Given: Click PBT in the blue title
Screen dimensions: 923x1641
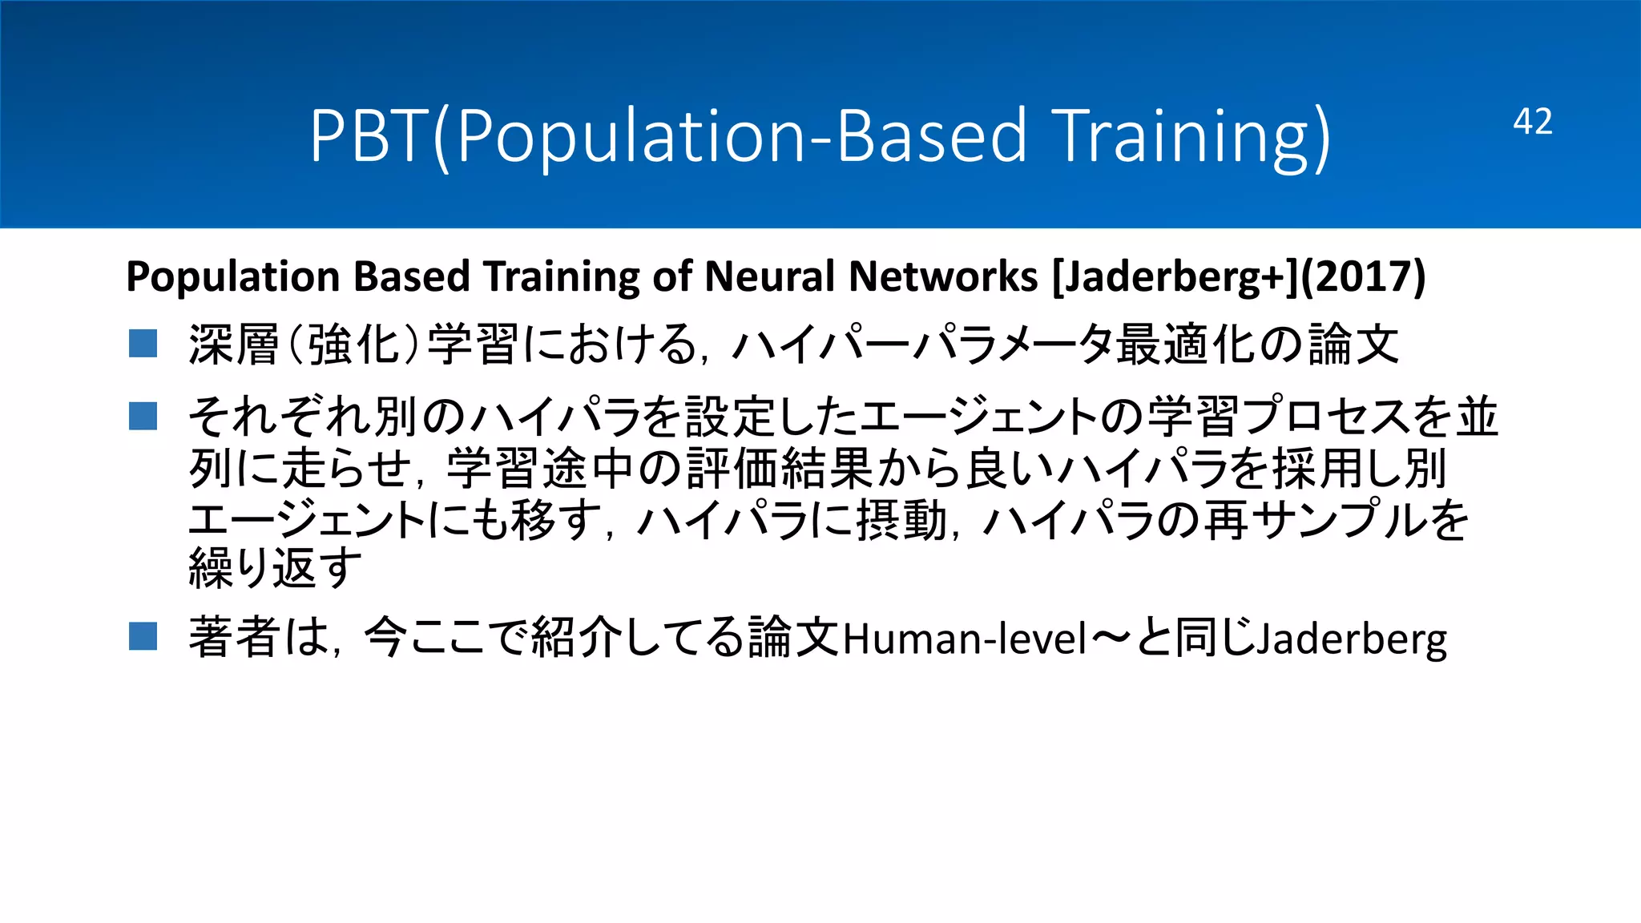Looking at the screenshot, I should pos(369,136).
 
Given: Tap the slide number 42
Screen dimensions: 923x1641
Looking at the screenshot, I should pos(1532,122).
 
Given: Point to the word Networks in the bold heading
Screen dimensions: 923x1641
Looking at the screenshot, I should pos(943,277).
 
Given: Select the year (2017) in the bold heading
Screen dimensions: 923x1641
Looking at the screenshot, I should pos(1363,277).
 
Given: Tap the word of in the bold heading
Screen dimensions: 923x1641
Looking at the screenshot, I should pos(671,277).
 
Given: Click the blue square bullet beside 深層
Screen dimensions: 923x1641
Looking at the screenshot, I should pos(143,344).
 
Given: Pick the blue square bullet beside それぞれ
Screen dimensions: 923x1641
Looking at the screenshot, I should pos(143,416).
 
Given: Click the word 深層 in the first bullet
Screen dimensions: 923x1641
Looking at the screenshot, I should pos(233,345).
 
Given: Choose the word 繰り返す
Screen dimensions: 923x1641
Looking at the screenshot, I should pos(275,568).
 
